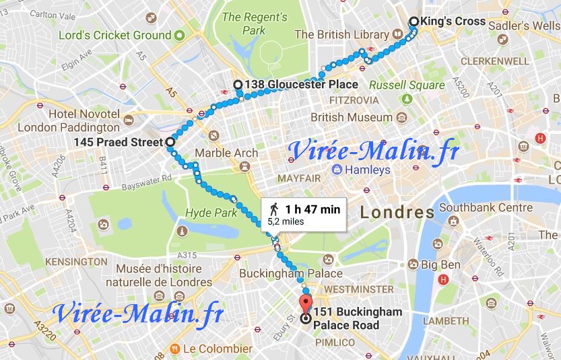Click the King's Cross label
[452, 22]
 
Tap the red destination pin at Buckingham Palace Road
[306, 303]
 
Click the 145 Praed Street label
[118, 143]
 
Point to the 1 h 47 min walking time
[312, 209]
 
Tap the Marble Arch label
[226, 153]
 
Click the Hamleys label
[367, 170]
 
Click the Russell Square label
[407, 85]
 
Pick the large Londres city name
[397, 213]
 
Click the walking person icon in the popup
[273, 209]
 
